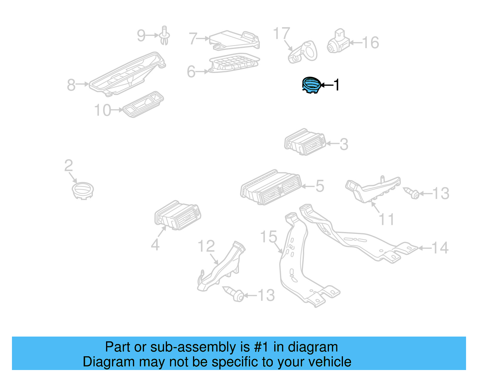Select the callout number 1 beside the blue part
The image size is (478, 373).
tap(336, 85)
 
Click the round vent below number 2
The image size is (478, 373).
tap(83, 190)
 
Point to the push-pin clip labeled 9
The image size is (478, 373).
tap(164, 35)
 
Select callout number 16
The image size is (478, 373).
tap(371, 43)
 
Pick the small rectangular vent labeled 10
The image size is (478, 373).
tap(143, 104)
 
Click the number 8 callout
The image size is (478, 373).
tap(71, 85)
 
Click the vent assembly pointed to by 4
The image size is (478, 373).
tap(177, 215)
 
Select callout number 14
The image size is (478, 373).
tap(440, 248)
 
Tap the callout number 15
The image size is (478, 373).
tap(269, 237)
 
